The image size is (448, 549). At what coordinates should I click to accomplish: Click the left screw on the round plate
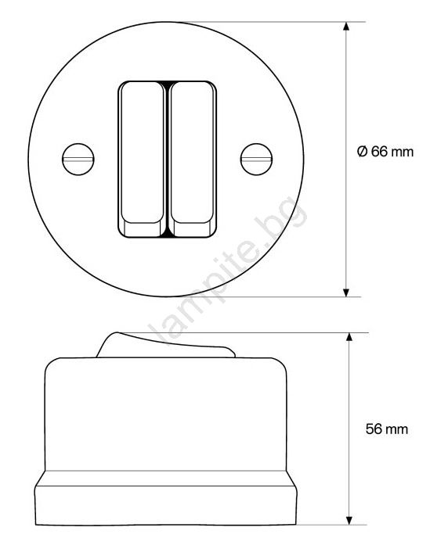(78, 160)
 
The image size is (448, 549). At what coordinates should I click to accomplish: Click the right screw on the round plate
(257, 160)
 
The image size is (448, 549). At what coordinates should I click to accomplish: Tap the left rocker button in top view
(143, 160)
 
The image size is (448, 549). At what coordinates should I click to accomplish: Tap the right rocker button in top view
(192, 160)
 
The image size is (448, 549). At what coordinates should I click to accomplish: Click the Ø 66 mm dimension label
(385, 152)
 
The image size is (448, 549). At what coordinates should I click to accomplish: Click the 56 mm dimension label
(387, 429)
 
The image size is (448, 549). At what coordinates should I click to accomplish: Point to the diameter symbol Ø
(362, 152)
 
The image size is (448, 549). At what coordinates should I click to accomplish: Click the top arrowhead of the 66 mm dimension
(346, 27)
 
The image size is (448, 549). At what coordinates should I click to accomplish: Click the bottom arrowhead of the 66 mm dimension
(346, 292)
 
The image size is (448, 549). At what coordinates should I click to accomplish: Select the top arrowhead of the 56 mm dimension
(349, 337)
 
